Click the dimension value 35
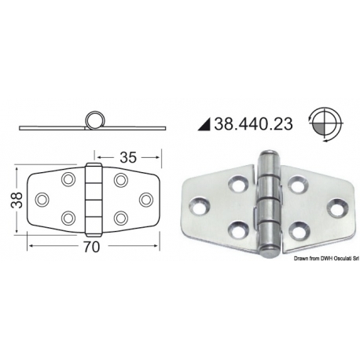[128, 157]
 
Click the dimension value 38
[17, 200]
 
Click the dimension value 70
[92, 247]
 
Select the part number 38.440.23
[253, 123]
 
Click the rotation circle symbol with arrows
[325, 124]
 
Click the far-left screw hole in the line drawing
[42, 200]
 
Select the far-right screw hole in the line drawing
[146, 200]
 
